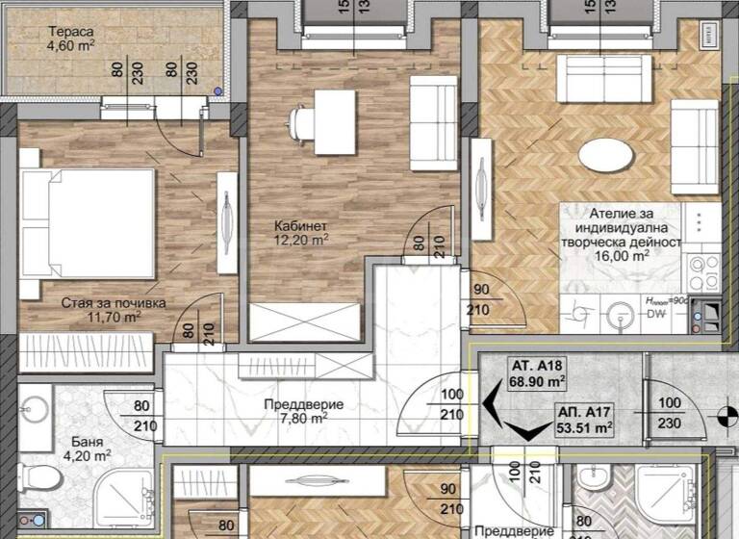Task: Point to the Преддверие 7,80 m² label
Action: click(x=304, y=410)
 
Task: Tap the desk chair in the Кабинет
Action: click(x=300, y=122)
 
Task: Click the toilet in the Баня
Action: click(x=37, y=475)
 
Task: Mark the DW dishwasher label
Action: click(x=657, y=315)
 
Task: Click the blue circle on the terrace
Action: click(x=217, y=92)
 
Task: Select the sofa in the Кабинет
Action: click(x=433, y=122)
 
